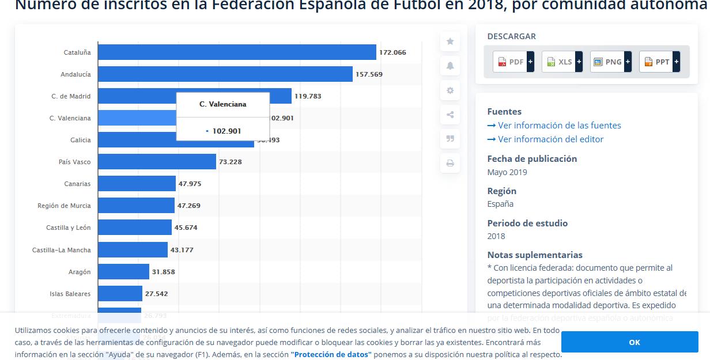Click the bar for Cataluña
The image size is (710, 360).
tap(236, 52)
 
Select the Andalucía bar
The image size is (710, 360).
tap(225, 74)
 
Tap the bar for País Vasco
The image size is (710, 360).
tap(157, 162)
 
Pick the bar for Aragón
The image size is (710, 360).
tap(123, 272)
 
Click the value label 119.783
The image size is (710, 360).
tap(308, 96)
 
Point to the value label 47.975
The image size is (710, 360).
tap(190, 184)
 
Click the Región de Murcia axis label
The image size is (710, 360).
tap(64, 206)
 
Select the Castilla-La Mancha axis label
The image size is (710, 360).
tap(61, 250)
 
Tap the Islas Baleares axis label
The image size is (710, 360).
tap(70, 294)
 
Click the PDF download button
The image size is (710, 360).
tap(513, 62)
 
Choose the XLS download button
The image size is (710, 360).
tap(562, 62)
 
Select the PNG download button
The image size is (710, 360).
tap(610, 62)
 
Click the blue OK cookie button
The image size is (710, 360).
tap(634, 342)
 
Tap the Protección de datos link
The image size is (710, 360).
tap(331, 355)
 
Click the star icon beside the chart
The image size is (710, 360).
tap(450, 41)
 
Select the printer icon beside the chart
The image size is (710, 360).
tap(450, 164)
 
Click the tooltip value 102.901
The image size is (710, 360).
tap(226, 131)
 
